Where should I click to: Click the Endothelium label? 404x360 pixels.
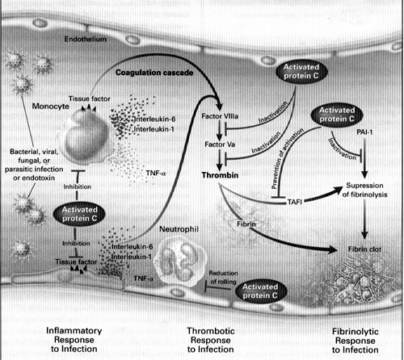click(x=86, y=40)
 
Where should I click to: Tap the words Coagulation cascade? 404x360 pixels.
click(x=154, y=73)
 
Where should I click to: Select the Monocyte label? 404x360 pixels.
click(x=51, y=107)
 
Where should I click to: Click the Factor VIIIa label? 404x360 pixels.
click(x=220, y=116)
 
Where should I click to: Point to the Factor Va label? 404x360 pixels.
click(x=220, y=144)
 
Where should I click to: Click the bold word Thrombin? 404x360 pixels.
click(x=220, y=175)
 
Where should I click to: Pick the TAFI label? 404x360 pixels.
click(x=294, y=202)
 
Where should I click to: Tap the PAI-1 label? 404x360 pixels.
click(x=364, y=132)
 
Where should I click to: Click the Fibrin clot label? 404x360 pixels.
click(x=364, y=249)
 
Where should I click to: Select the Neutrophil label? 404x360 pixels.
click(x=179, y=229)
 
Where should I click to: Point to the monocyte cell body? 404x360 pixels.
click(x=83, y=137)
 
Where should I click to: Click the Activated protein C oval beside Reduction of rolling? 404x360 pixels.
click(x=260, y=291)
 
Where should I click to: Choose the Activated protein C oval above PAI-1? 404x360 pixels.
click(x=337, y=115)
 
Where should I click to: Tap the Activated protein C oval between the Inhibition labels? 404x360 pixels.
click(x=79, y=214)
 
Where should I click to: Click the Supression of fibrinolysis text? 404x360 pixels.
click(x=364, y=190)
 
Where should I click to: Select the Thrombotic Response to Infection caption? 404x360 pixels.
click(x=211, y=340)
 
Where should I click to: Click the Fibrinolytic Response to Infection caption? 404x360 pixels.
click(x=356, y=341)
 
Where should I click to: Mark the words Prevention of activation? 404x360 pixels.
click(x=287, y=159)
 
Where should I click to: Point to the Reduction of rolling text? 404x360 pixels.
click(x=223, y=278)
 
